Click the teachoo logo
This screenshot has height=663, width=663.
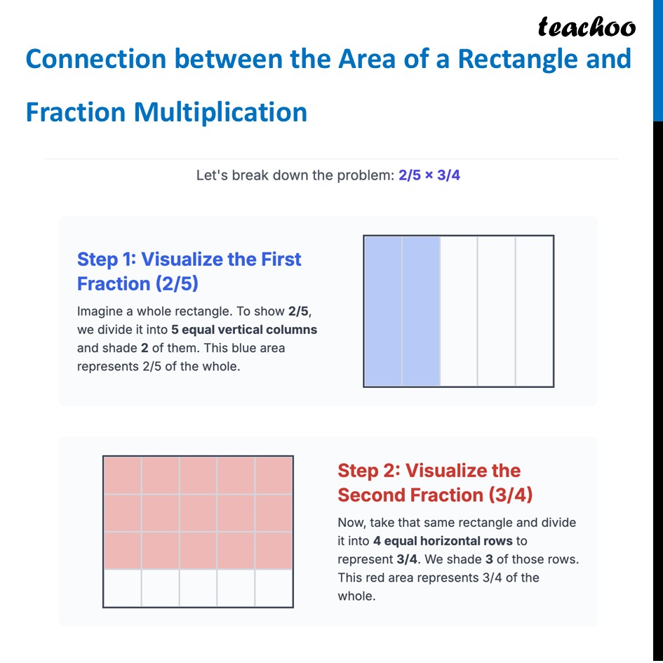tap(587, 27)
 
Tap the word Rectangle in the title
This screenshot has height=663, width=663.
tap(515, 59)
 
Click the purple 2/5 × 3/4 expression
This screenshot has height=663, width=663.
tap(429, 175)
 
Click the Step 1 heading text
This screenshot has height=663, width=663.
tap(189, 271)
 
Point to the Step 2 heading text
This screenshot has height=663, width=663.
tap(434, 483)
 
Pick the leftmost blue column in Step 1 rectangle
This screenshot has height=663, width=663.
tap(383, 311)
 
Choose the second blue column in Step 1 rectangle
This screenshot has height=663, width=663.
tap(421, 311)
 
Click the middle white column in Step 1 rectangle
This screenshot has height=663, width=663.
tap(459, 311)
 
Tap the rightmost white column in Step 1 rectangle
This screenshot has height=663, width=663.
tap(535, 311)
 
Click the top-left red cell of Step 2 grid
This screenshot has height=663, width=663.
tap(123, 475)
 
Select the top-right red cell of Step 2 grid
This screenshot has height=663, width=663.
tap(274, 475)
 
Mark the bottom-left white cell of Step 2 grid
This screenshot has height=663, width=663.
tap(123, 588)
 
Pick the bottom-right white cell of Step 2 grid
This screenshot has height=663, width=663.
tap(274, 588)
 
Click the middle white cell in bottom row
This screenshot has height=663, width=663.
tap(199, 588)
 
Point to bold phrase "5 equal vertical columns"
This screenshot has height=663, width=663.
tap(244, 330)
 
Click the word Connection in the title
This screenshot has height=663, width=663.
tap(95, 59)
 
